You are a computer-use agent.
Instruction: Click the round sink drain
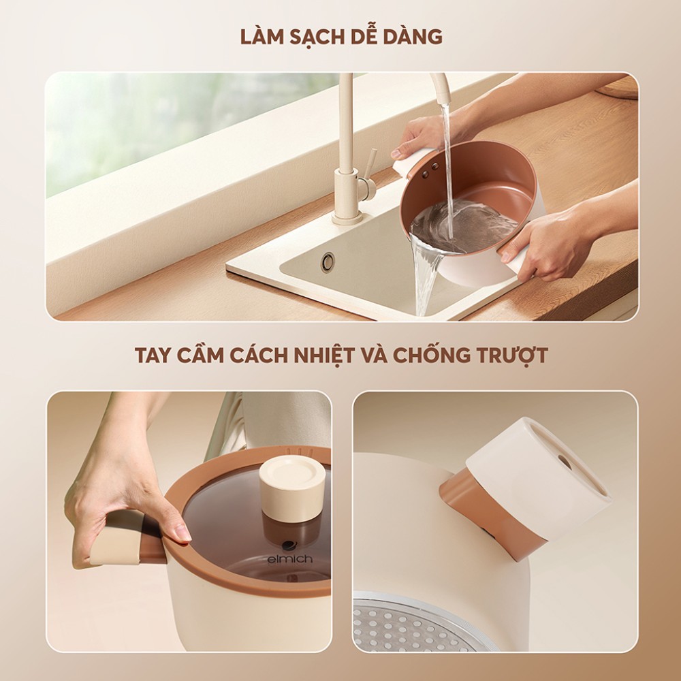point(328,261)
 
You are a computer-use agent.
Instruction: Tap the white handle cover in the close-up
point(538,477)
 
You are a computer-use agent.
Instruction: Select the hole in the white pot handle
point(565,462)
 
